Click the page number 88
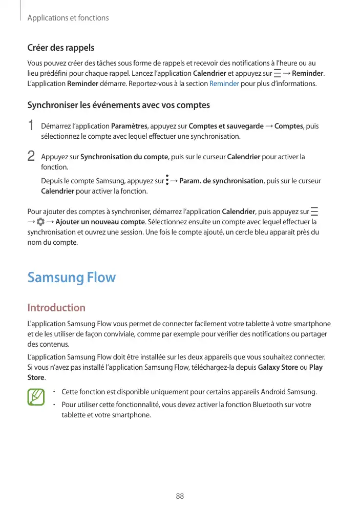pyautogui.click(x=180, y=496)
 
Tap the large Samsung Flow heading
pyautogui.click(x=71, y=278)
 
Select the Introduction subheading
pyautogui.click(x=56, y=307)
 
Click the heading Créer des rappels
pyautogui.click(x=60, y=48)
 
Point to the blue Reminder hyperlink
pyautogui.click(x=224, y=83)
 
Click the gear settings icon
pyautogui.click(x=40, y=222)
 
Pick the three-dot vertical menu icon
pyautogui.click(x=167, y=181)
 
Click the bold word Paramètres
pyautogui.click(x=129, y=126)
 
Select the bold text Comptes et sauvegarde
pyautogui.click(x=226, y=126)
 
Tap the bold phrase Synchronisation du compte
pyautogui.click(x=124, y=157)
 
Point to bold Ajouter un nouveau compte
pyautogui.click(x=100, y=222)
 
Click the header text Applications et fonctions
pyautogui.click(x=68, y=18)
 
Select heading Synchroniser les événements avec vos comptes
pyautogui.click(x=118, y=105)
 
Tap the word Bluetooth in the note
pyautogui.click(x=269, y=405)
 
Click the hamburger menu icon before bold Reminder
pyautogui.click(x=277, y=73)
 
